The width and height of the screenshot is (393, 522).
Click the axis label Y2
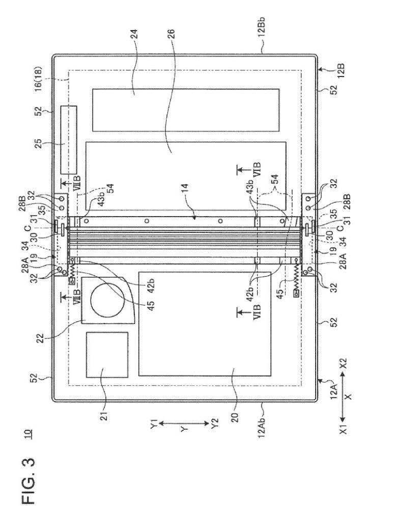pos(214,423)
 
